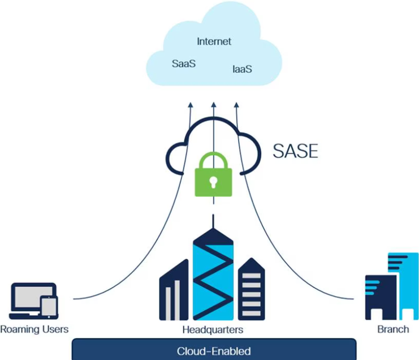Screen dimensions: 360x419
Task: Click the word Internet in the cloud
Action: [214, 41]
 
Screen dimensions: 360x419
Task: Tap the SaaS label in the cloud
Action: [184, 63]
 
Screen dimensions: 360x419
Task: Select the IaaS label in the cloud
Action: [242, 69]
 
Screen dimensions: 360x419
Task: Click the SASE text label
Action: [295, 151]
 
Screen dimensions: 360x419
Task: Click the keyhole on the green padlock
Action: [213, 181]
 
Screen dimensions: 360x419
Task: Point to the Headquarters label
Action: [213, 329]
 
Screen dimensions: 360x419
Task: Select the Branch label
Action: [393, 329]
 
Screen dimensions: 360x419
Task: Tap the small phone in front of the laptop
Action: [49, 307]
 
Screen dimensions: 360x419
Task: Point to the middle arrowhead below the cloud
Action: [213, 104]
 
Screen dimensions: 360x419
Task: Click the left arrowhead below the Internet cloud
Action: [191, 104]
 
